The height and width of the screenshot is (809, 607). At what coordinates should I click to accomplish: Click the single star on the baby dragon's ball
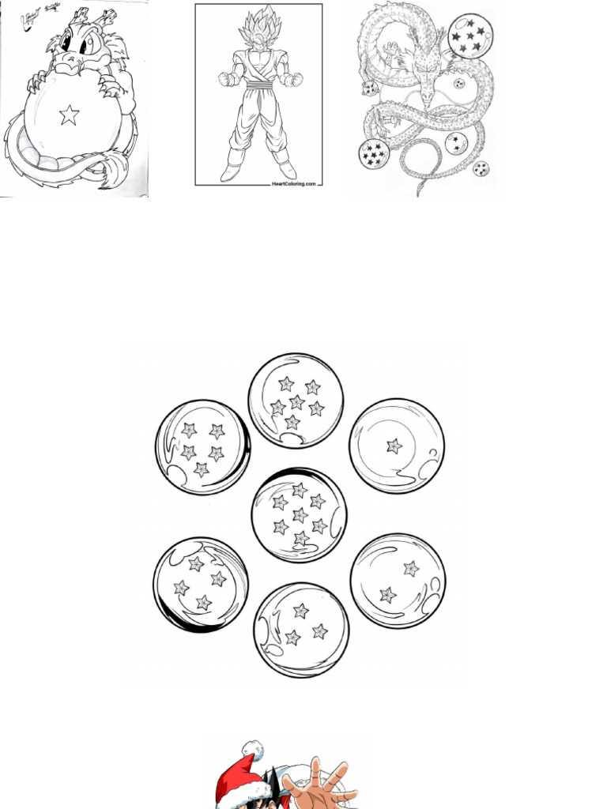coord(70,116)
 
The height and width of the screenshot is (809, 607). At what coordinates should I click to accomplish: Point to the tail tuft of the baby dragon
coord(119,169)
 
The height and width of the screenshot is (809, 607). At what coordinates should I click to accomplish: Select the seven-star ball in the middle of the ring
coord(299,515)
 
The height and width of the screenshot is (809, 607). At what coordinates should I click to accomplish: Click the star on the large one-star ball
coord(394,446)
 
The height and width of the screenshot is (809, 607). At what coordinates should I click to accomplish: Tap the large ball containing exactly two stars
coord(398,581)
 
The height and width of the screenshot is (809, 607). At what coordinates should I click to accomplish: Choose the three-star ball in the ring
coord(301,630)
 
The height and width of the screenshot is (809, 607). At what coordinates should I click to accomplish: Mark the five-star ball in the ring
coord(202,447)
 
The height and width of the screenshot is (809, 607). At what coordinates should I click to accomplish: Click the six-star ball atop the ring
coord(296,401)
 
